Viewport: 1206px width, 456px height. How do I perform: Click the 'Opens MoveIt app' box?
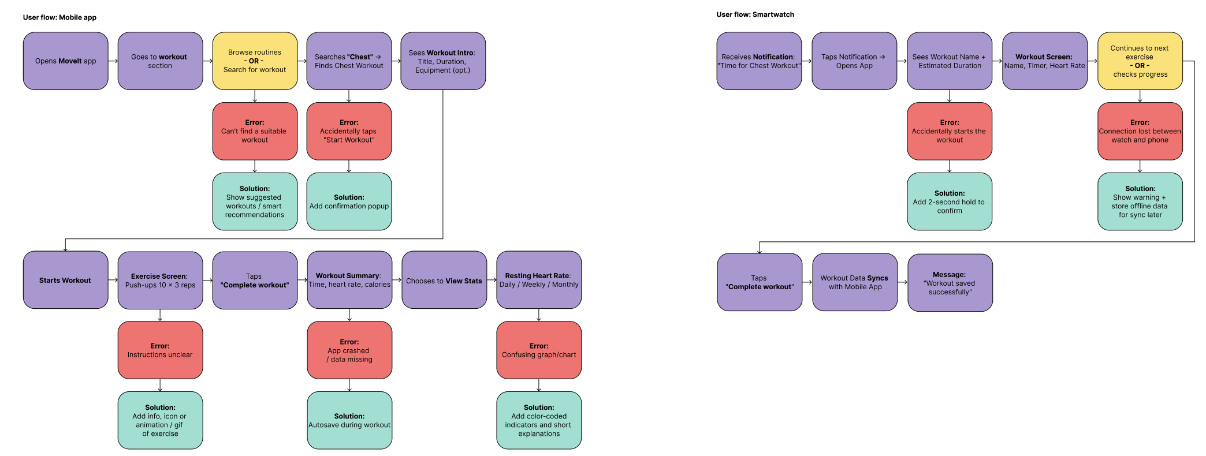(65, 61)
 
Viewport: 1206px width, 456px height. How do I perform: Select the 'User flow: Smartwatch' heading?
(755, 14)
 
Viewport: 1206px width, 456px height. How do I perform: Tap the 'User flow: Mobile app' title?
(59, 17)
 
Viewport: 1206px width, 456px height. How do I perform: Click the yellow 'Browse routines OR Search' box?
(255, 61)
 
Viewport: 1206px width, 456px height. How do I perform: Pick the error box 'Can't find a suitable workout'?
(255, 132)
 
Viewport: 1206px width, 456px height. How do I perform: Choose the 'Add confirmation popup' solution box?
(349, 201)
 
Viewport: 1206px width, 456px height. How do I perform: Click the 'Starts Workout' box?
(65, 280)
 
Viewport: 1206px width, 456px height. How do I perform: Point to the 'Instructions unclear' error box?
(160, 350)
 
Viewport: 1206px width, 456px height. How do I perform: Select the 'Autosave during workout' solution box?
(349, 420)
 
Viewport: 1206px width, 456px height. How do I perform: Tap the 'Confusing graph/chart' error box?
(539, 350)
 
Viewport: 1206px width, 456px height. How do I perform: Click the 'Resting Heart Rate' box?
(539, 280)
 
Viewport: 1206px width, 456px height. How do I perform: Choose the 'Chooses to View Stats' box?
(444, 281)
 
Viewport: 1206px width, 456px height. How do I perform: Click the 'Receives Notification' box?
(759, 61)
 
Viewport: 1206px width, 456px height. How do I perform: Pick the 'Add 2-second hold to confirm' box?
(950, 201)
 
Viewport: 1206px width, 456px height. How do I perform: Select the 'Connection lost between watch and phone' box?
(1140, 132)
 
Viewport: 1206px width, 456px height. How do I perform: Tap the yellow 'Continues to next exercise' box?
(1140, 61)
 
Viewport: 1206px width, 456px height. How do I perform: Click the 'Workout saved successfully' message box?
(950, 283)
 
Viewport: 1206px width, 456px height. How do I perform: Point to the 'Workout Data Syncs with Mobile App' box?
(855, 282)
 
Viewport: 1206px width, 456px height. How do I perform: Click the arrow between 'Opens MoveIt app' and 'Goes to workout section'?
(113, 61)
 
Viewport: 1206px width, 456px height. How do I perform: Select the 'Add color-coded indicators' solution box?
(539, 420)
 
